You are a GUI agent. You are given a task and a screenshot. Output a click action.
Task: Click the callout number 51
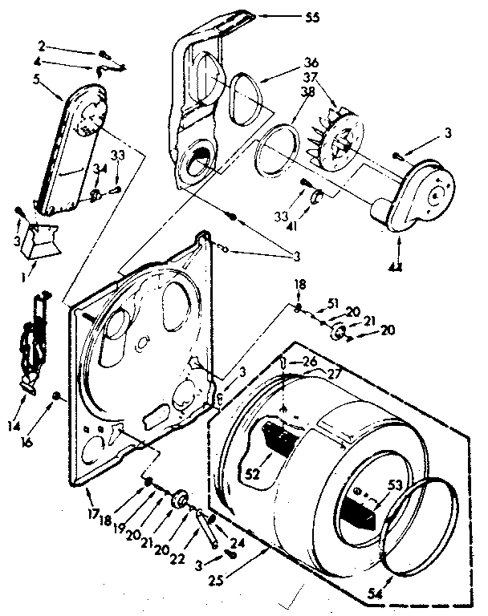click(x=335, y=303)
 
